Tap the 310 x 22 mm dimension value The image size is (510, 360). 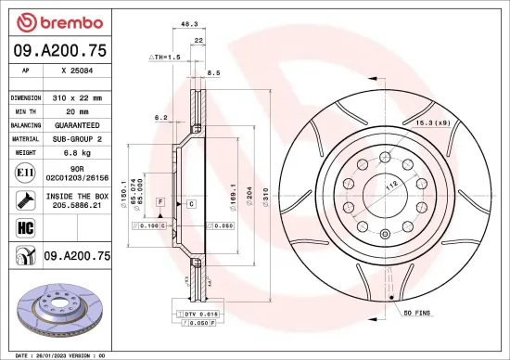click(x=75, y=97)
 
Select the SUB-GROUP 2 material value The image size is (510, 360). click(x=75, y=137)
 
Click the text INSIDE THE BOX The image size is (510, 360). click(x=76, y=196)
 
